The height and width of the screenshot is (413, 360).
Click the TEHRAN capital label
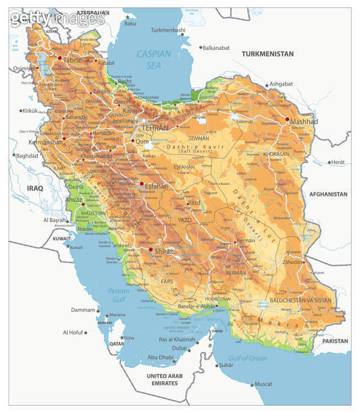pyautogui.click(x=155, y=127)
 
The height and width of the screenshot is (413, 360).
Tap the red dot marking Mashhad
pyautogui.click(x=288, y=119)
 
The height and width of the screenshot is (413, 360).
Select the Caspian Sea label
pyautogui.click(x=154, y=59)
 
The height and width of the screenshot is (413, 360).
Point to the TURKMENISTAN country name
pyautogui.click(x=267, y=53)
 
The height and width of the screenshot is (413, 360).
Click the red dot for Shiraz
pyautogui.click(x=150, y=250)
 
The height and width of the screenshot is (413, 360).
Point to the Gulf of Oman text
pyautogui.click(x=248, y=358)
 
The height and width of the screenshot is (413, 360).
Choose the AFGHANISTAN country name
pyautogui.click(x=328, y=194)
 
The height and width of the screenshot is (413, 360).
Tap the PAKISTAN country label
pyautogui.click(x=335, y=341)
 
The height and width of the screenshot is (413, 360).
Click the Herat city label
pyautogui.click(x=338, y=162)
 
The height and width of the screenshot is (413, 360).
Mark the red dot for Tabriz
pyautogui.click(x=59, y=59)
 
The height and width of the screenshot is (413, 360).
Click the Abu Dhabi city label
pyautogui.click(x=161, y=357)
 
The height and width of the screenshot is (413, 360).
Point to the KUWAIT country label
pyautogui.click(x=61, y=239)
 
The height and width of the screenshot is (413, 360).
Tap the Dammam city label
pyautogui.click(x=83, y=310)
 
